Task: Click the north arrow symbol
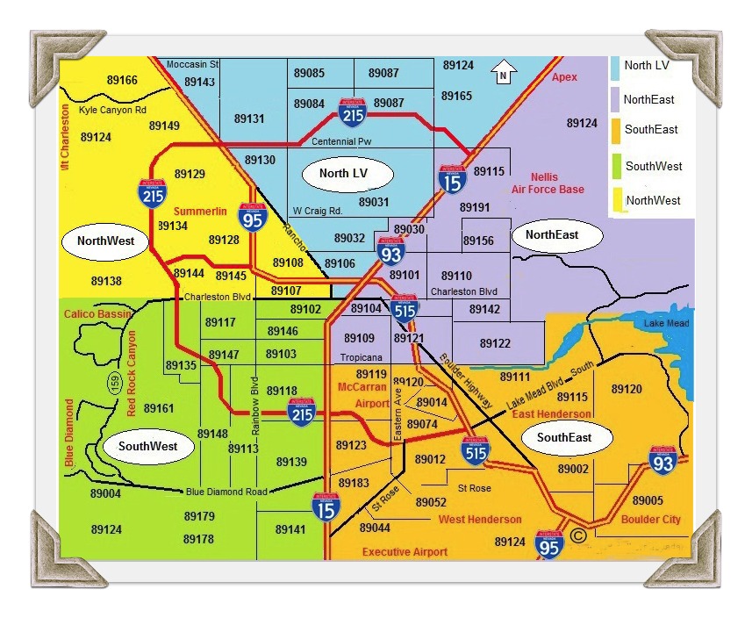click(503, 73)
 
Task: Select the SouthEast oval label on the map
click(563, 437)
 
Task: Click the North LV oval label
click(343, 174)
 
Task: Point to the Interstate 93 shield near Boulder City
click(662, 460)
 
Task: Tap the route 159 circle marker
click(115, 382)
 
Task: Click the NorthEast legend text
click(649, 100)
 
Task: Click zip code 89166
click(120, 81)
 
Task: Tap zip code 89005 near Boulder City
click(648, 499)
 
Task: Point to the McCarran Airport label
click(361, 395)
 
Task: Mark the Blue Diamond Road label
click(226, 492)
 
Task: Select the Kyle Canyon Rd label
click(112, 111)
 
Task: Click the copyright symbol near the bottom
click(577, 535)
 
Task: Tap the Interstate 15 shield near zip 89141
click(326, 507)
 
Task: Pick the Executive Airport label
click(405, 552)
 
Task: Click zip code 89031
click(374, 202)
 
